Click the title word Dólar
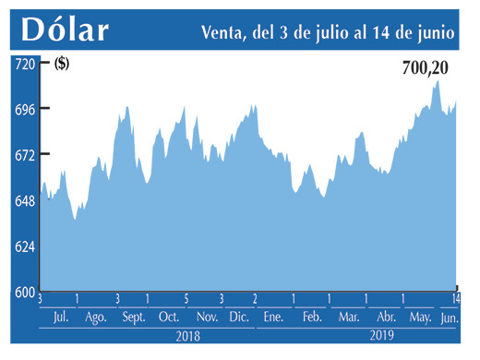point(65,30)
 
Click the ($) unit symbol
point(63,64)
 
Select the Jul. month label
point(60,318)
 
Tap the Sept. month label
point(133,318)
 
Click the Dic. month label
point(238,318)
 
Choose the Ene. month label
point(273,318)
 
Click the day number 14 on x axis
point(456,299)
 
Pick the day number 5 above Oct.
point(186,299)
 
